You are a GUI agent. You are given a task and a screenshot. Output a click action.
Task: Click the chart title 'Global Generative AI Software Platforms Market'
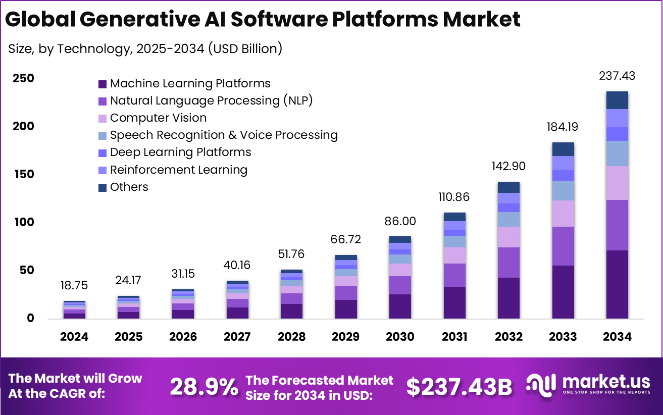pyautogui.click(x=263, y=19)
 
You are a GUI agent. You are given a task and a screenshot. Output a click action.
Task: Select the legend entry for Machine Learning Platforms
pyautogui.click(x=190, y=83)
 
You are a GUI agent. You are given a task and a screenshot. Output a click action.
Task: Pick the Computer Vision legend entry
pyautogui.click(x=158, y=118)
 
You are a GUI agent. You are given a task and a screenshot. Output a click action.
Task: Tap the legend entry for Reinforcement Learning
pyautogui.click(x=179, y=170)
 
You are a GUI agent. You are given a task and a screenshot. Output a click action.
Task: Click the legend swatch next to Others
pyautogui.click(x=103, y=187)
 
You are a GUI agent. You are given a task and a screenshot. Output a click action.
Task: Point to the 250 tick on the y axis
pyautogui.click(x=24, y=78)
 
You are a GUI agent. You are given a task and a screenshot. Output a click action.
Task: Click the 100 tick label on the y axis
pyautogui.click(x=24, y=222)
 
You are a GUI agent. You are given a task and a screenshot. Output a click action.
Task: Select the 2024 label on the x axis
pyautogui.click(x=74, y=337)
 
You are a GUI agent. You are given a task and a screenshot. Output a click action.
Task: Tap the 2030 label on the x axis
pyautogui.click(x=400, y=337)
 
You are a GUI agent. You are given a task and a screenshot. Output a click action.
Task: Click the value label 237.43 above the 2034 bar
pyautogui.click(x=617, y=76)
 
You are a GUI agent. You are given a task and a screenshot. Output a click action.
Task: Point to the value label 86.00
pyautogui.click(x=400, y=221)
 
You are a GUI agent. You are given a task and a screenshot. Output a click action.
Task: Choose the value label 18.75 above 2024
pyautogui.click(x=74, y=285)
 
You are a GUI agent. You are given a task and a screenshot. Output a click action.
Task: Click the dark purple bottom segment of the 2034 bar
pyautogui.click(x=617, y=284)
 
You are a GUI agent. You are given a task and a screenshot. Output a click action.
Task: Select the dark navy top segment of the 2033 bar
pyautogui.click(x=563, y=149)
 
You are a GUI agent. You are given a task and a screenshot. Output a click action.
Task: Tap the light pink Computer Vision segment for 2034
pyautogui.click(x=617, y=183)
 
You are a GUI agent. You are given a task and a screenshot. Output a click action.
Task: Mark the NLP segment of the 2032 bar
pyautogui.click(x=508, y=262)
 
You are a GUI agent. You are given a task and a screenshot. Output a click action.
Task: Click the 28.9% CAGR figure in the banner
pyautogui.click(x=204, y=387)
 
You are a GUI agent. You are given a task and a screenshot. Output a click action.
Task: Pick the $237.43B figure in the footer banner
pyautogui.click(x=459, y=387)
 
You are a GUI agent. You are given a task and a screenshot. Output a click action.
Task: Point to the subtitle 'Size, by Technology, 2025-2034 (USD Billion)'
pyautogui.click(x=145, y=49)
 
